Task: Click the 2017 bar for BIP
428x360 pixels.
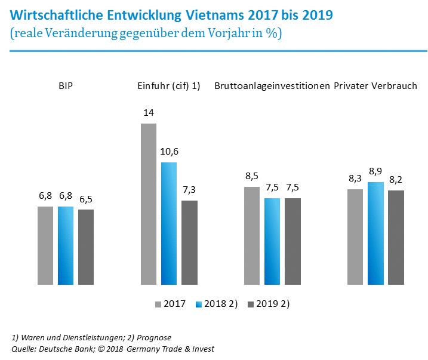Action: click(x=45, y=245)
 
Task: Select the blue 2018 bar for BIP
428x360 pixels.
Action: click(x=66, y=245)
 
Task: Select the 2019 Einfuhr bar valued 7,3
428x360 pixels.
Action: click(x=189, y=242)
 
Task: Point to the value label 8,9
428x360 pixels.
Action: click(x=375, y=172)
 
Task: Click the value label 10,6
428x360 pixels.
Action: click(x=169, y=152)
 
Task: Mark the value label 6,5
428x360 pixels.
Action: click(x=86, y=199)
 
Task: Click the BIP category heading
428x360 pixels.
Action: click(x=66, y=86)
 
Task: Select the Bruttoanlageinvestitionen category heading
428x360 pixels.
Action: click(x=272, y=86)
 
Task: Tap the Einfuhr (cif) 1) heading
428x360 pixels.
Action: click(x=170, y=86)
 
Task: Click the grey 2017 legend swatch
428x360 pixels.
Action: click(x=159, y=304)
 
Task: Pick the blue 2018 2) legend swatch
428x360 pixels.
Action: click(x=199, y=304)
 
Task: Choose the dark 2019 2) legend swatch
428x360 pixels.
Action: click(x=251, y=304)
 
